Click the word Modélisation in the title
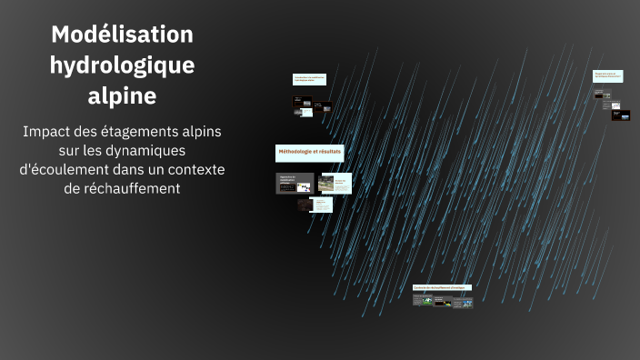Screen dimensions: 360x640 click(x=122, y=35)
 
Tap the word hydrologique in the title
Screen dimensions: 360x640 click(x=122, y=65)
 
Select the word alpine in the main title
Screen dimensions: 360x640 click(x=122, y=95)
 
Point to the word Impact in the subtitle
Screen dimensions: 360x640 click(x=50, y=132)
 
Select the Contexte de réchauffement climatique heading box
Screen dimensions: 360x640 click(x=442, y=288)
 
